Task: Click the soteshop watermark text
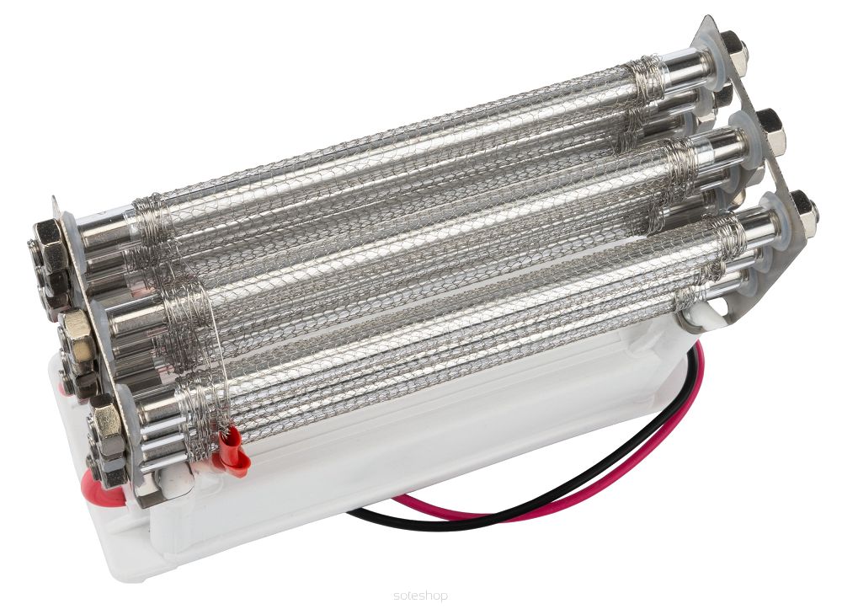coord(420,595)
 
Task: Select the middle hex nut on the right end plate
coord(771,129)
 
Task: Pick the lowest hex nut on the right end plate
coord(803,212)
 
